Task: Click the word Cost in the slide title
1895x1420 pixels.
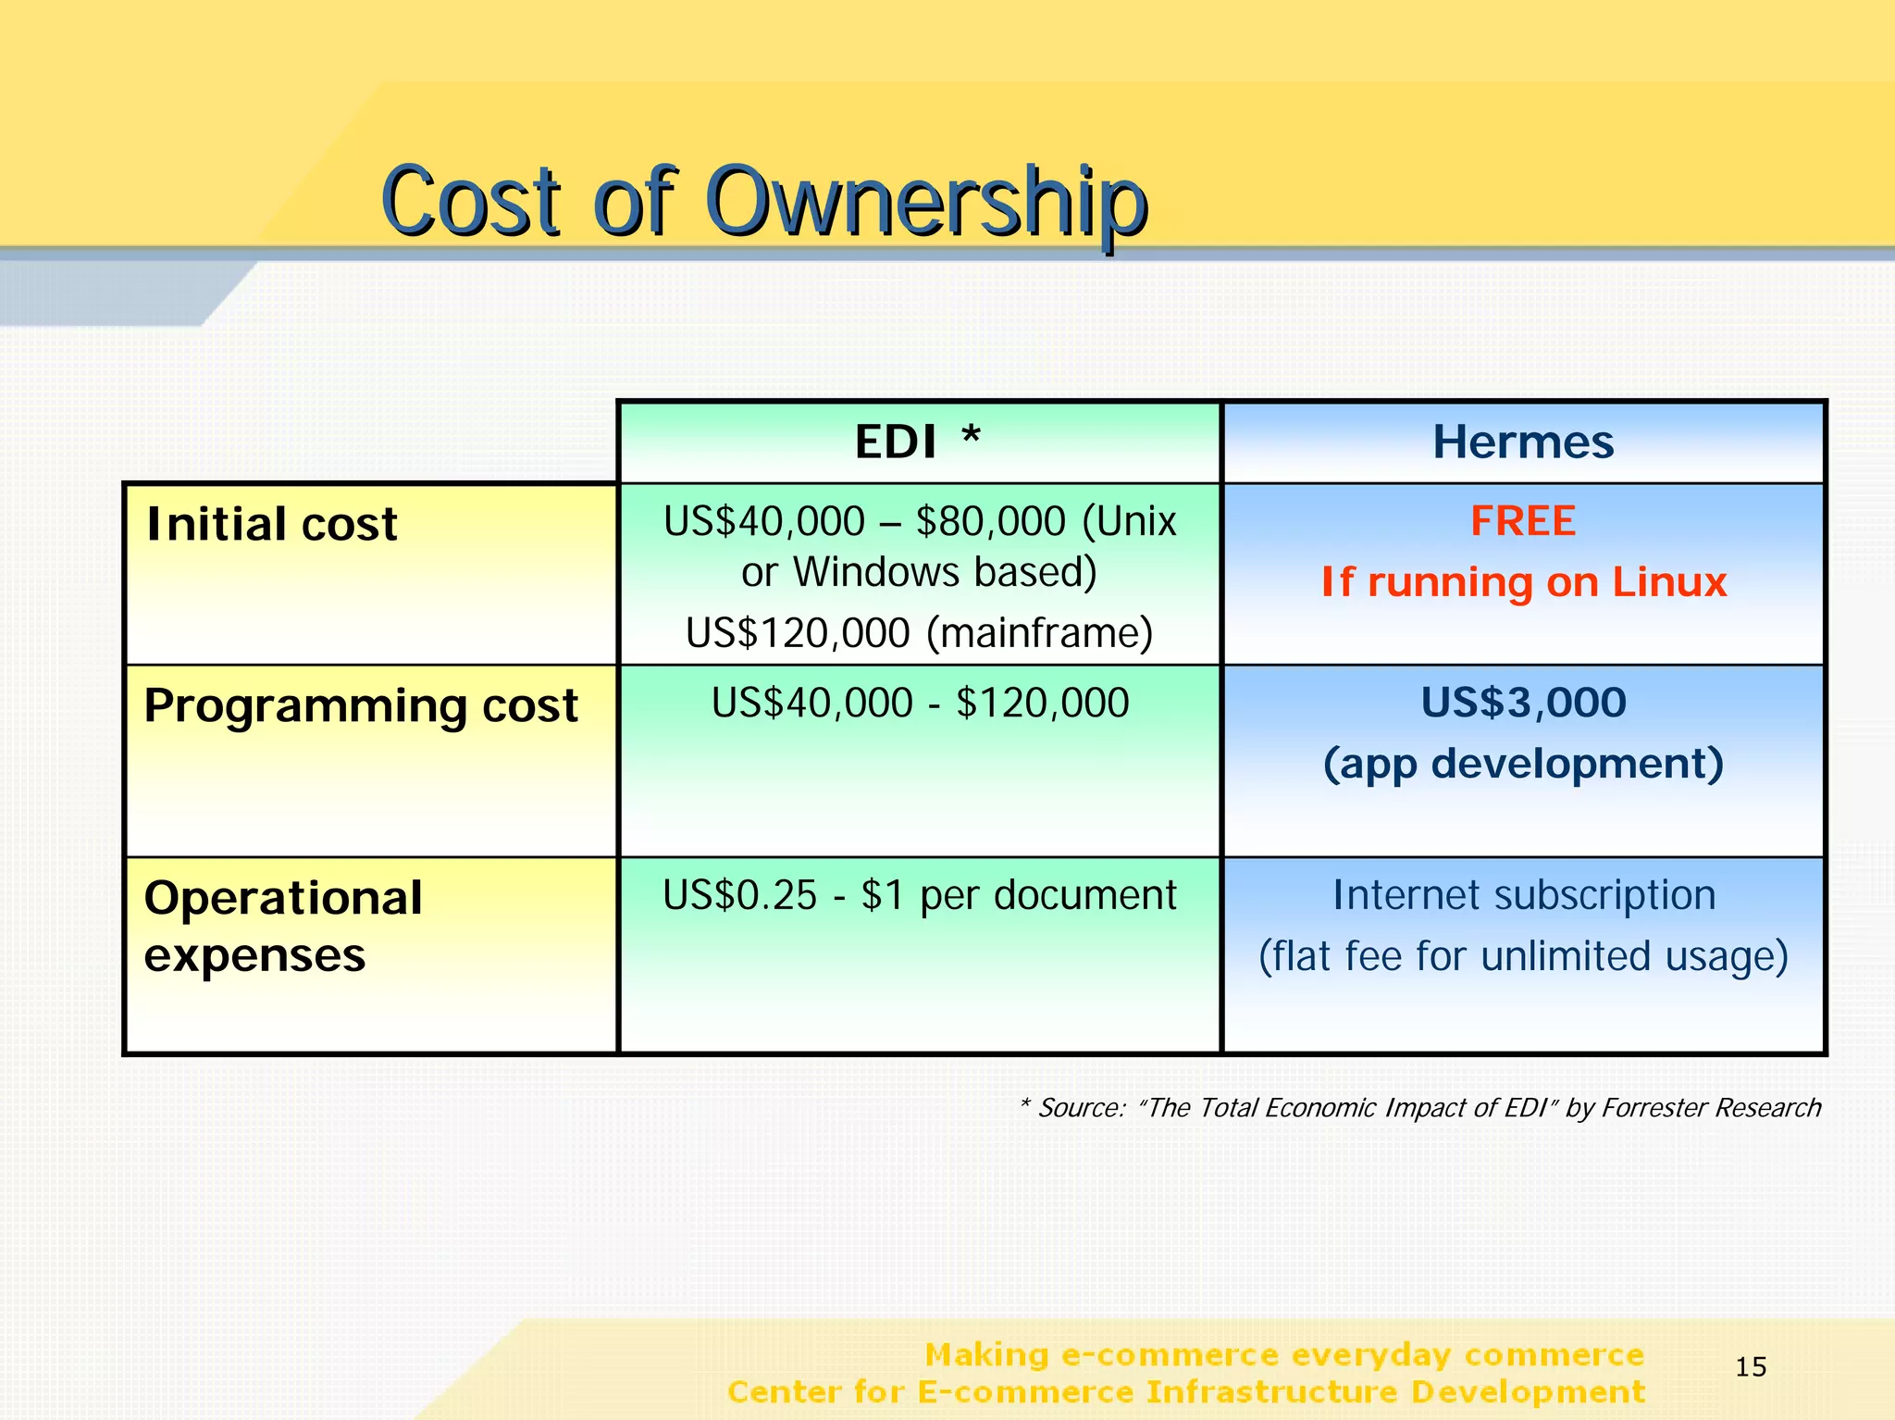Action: tap(471, 202)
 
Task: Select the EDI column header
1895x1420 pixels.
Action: tap(896, 442)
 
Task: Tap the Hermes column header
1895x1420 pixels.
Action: tap(1523, 442)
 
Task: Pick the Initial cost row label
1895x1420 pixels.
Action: tap(272, 524)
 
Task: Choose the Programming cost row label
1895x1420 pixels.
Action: tap(361, 706)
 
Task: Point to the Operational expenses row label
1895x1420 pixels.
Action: tap(283, 926)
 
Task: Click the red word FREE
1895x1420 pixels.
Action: tap(1523, 521)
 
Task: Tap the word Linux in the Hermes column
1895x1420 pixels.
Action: tap(1669, 582)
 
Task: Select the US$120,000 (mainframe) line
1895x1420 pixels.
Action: tap(919, 633)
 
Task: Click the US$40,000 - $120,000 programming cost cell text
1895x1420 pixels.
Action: tap(920, 704)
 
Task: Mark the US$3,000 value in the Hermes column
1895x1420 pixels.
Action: tap(1523, 703)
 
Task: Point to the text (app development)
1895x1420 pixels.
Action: tap(1523, 764)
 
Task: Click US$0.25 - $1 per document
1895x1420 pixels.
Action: tap(919, 895)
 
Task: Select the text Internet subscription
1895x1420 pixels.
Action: tap(1523, 895)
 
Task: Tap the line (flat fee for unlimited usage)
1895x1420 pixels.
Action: tap(1523, 956)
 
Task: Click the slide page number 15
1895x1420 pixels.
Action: tap(1751, 1366)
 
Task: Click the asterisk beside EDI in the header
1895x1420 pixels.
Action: tap(971, 435)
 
